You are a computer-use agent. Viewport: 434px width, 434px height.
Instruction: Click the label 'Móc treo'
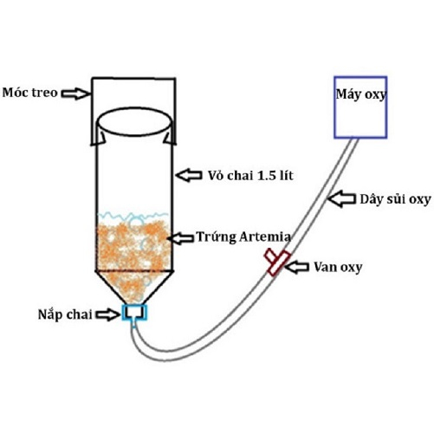[30, 93]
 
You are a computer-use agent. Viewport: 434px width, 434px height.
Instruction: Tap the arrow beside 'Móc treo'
[75, 94]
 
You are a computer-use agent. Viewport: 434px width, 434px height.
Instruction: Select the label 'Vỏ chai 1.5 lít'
[250, 176]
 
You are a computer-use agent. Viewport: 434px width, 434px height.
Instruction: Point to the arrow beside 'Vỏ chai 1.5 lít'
[189, 175]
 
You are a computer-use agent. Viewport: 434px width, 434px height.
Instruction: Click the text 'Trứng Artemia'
[243, 237]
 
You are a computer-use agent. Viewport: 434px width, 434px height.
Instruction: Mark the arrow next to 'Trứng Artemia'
[180, 238]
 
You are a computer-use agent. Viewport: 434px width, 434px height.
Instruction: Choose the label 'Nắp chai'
[65, 314]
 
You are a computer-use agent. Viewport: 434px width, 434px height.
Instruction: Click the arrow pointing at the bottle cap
[108, 314]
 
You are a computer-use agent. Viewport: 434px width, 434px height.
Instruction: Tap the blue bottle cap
[134, 313]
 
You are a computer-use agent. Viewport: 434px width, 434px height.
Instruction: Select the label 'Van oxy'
[338, 267]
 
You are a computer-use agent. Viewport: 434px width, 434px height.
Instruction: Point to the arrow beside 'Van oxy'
[296, 267]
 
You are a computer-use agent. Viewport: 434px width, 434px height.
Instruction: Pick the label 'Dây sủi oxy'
[395, 199]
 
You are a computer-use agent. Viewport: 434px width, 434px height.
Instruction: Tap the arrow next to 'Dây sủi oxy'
[341, 198]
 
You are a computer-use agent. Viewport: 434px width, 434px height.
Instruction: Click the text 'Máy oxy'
[361, 94]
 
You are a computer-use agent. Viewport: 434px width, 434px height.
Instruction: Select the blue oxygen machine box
[360, 77]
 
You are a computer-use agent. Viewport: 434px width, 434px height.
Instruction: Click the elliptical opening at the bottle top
[133, 108]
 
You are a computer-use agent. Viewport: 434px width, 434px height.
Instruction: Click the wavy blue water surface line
[133, 215]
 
